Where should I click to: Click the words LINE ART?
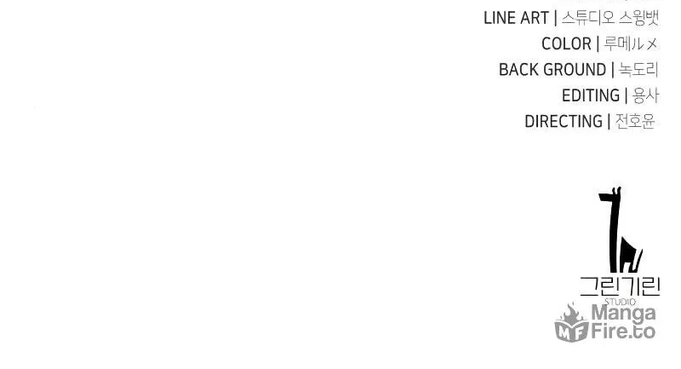(x=516, y=18)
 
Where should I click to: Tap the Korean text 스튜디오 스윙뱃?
(x=610, y=18)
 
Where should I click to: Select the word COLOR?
(x=566, y=44)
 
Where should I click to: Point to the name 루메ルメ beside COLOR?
(x=631, y=44)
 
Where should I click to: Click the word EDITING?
(x=591, y=95)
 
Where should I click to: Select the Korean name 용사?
(x=646, y=95)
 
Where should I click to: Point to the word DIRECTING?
(x=564, y=122)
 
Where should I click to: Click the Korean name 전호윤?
(x=635, y=122)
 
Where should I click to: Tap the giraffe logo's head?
(x=610, y=195)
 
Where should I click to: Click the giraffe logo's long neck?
(x=615, y=234)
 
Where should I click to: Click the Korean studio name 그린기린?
(x=620, y=286)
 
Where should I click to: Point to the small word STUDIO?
(x=621, y=302)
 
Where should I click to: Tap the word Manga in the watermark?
(x=623, y=313)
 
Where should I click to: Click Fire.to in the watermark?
(x=623, y=332)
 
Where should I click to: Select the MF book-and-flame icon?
(x=571, y=323)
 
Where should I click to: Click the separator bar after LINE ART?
(x=556, y=18)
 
